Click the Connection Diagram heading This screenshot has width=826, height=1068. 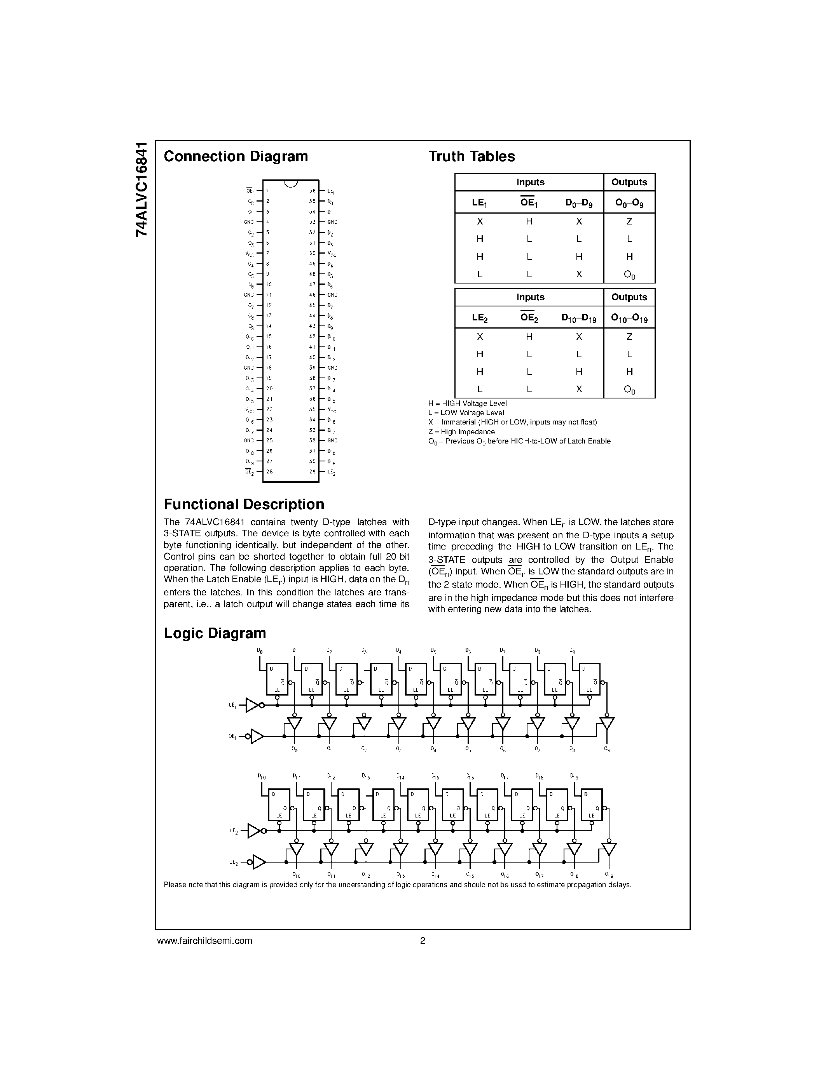click(x=236, y=157)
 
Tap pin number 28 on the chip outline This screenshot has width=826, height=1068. click(x=269, y=472)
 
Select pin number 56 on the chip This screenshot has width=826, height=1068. click(x=312, y=191)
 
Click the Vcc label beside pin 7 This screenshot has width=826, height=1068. click(x=250, y=253)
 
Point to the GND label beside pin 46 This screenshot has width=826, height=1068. click(x=332, y=295)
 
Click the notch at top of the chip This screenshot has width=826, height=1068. click(x=291, y=183)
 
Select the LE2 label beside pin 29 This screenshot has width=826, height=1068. click(x=331, y=472)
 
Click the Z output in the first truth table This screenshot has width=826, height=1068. click(x=629, y=221)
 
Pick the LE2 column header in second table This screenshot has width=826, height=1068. click(x=480, y=318)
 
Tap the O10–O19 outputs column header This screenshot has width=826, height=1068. click(x=629, y=318)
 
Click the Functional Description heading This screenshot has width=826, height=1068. click(x=244, y=504)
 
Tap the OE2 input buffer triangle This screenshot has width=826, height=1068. click(x=259, y=862)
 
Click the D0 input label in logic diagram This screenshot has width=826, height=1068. click(x=260, y=651)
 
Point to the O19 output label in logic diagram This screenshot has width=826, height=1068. click(x=609, y=875)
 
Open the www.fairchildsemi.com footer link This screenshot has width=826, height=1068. click(x=204, y=940)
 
